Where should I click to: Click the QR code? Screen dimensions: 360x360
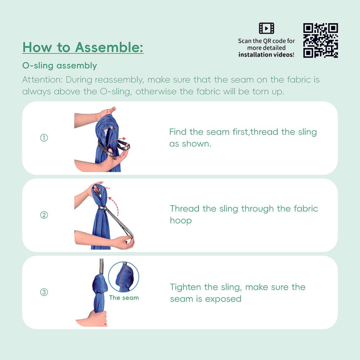(320, 40)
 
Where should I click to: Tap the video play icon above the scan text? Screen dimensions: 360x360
(266, 28)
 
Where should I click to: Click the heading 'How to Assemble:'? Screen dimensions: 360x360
(83, 47)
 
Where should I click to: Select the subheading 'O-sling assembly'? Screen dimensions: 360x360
(59, 66)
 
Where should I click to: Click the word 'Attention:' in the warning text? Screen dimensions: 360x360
(42, 79)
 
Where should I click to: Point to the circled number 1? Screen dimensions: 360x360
(44, 138)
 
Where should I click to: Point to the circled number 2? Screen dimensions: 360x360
(44, 215)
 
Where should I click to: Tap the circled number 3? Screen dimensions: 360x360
(44, 292)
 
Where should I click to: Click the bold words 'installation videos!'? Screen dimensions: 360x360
(266, 55)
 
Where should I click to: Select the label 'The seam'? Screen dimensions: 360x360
(123, 298)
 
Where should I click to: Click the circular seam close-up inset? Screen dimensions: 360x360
(123, 276)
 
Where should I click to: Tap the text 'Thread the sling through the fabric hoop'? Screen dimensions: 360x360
(244, 214)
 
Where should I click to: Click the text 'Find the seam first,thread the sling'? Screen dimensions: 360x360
(243, 132)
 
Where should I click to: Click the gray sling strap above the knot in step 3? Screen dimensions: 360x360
(102, 266)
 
